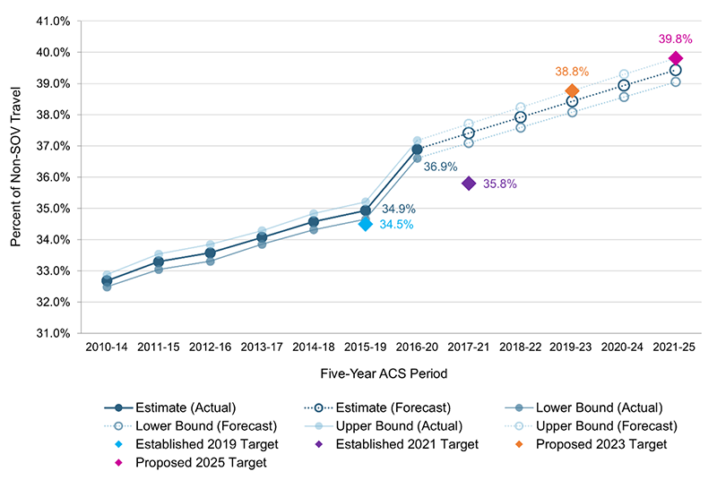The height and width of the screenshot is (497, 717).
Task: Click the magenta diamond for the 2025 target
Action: tap(676, 58)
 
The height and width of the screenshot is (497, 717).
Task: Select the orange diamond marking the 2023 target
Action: tap(572, 90)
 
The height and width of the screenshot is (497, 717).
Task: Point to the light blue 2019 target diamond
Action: tap(365, 224)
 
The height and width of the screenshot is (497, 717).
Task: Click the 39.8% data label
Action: tap(676, 39)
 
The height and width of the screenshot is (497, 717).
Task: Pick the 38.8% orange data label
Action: tap(570, 71)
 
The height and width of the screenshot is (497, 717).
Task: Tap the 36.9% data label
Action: tap(441, 167)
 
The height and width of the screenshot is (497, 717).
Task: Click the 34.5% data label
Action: tap(396, 225)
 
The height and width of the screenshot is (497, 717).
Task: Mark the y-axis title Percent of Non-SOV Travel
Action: tap(17, 177)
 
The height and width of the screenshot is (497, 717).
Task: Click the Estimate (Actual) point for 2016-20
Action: tap(417, 150)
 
